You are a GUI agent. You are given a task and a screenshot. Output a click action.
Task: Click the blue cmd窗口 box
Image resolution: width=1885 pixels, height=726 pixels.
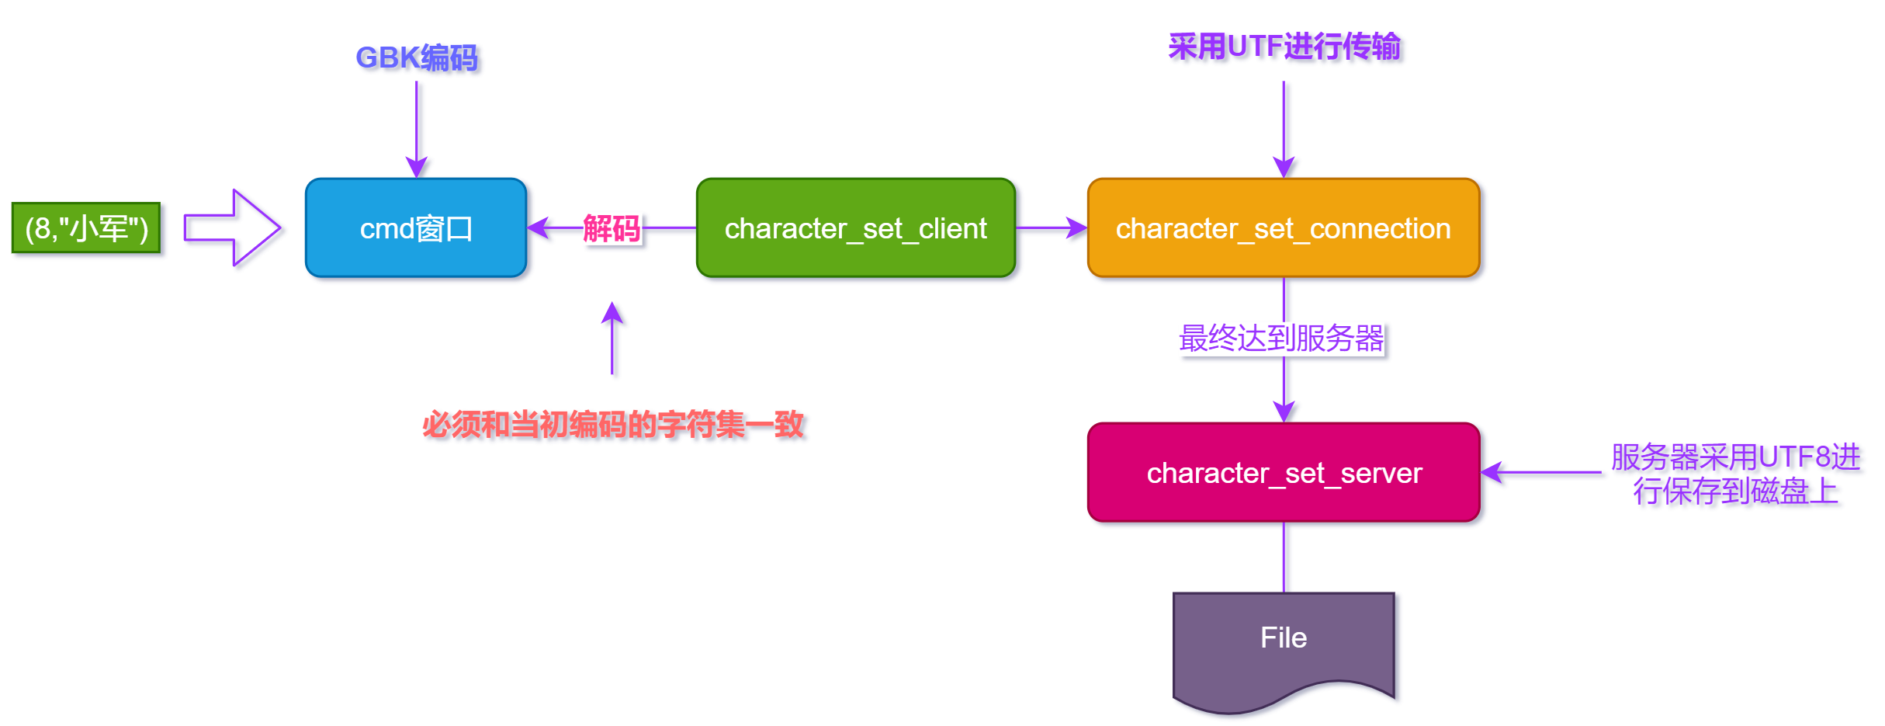416,228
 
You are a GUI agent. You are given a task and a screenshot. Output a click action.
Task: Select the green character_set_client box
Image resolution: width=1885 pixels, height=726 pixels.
855,228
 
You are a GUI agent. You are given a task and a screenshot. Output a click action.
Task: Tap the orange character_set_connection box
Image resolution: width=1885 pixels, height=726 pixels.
1283,228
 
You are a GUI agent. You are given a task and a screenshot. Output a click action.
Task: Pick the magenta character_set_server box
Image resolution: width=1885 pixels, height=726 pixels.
1283,472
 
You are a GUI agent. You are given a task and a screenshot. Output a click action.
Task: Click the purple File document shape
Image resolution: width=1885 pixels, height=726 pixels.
1283,644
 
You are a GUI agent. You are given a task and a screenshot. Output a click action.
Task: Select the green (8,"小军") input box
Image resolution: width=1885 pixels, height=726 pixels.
86,228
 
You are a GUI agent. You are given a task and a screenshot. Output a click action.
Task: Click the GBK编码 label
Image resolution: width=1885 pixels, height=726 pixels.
416,57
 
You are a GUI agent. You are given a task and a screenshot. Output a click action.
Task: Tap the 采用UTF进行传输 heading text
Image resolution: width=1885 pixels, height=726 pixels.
1284,47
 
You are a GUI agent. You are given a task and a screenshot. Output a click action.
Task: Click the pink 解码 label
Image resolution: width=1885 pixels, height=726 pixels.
612,228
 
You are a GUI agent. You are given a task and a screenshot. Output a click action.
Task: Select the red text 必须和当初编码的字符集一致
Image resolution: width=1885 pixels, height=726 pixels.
613,425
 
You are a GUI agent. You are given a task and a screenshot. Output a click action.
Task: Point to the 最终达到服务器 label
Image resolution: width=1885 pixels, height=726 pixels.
1281,339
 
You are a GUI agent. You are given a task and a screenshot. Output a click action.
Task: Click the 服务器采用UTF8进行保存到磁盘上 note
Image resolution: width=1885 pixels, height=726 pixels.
1735,474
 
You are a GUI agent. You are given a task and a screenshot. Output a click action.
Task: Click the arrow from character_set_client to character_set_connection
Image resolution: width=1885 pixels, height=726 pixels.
1052,228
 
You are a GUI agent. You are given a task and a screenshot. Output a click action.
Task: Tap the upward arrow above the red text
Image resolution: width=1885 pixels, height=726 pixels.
612,338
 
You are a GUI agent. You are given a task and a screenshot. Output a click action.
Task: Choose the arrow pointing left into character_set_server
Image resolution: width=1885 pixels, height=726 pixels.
1540,472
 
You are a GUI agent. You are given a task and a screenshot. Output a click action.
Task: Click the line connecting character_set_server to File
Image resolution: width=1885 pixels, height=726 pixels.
1284,557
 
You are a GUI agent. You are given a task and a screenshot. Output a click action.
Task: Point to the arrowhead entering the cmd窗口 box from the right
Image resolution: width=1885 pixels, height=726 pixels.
537,228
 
